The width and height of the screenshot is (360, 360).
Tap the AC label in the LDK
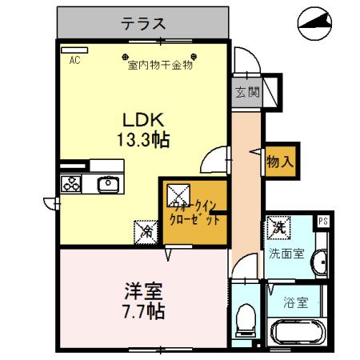pyautogui.click(x=74, y=60)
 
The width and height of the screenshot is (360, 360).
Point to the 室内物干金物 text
pyautogui.click(x=161, y=66)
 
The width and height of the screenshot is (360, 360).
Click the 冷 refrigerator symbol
pyautogui.click(x=147, y=232)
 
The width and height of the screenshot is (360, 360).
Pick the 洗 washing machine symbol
pyautogui.click(x=279, y=228)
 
